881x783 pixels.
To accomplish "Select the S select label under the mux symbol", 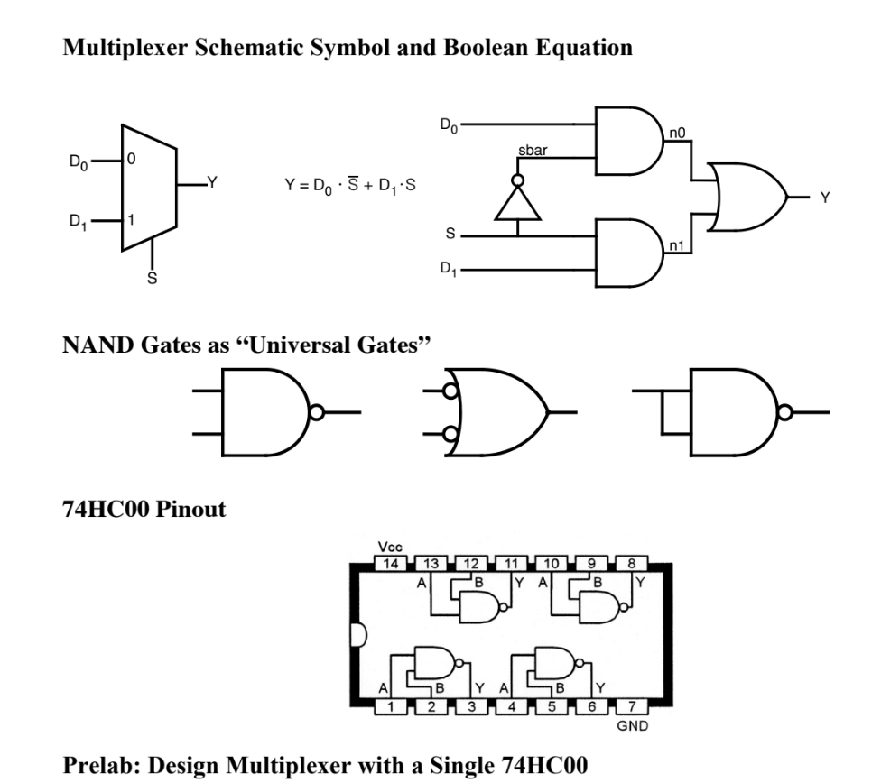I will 152,280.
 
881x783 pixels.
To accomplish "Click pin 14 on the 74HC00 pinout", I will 391,564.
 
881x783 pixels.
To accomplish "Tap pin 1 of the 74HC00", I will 391,706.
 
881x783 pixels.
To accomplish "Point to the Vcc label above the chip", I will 390,547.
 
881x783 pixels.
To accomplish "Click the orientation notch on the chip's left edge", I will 357,635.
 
